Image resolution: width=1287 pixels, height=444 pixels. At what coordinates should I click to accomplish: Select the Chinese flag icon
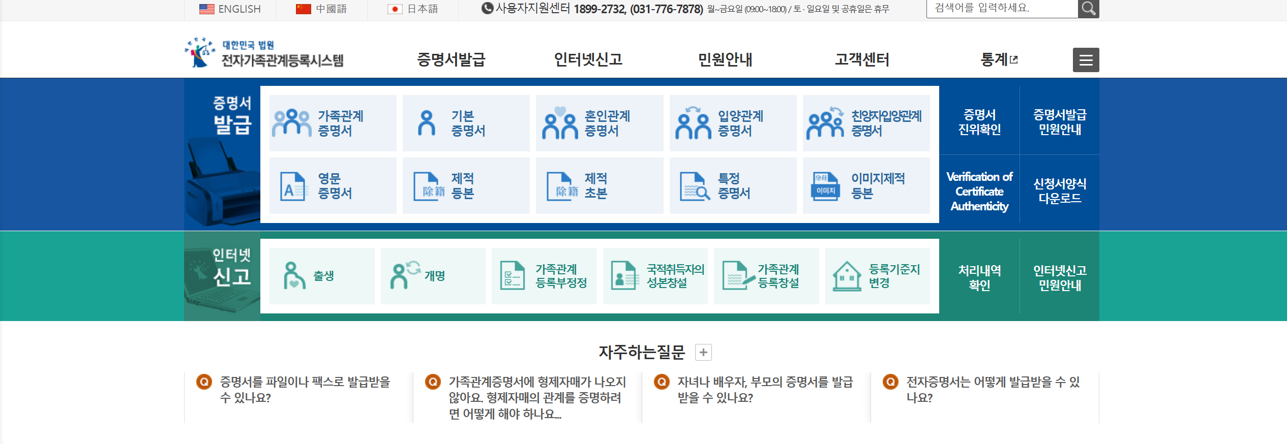coord(303,9)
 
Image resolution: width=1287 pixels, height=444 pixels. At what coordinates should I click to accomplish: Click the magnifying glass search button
coord(1088,9)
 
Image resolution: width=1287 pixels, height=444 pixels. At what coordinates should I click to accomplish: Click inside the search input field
coord(1002,9)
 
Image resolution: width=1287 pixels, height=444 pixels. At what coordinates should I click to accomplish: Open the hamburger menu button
coord(1086,60)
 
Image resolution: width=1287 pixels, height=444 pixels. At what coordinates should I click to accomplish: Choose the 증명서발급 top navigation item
coord(451,60)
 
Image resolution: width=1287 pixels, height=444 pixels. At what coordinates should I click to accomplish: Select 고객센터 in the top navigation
coord(862,60)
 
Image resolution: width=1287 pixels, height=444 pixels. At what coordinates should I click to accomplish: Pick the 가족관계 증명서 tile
coord(333,123)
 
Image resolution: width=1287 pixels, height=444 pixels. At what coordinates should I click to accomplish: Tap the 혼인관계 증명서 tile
coord(600,123)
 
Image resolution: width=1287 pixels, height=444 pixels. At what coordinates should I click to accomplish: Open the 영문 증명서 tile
coord(333,186)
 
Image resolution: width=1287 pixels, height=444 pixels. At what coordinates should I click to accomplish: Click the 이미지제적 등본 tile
coord(866,186)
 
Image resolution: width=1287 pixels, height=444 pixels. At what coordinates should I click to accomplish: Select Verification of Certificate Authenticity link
coord(979,192)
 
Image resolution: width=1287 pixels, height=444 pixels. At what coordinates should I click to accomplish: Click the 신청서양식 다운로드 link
coord(1060,191)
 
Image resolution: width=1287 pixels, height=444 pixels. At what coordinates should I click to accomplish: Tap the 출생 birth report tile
coord(322,276)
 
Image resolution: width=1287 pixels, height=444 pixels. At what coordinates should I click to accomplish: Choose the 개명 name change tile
coord(433,276)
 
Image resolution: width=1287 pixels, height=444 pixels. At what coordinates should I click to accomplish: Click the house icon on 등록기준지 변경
coord(847,276)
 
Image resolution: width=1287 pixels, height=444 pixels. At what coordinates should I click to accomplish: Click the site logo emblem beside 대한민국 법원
coord(200,53)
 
